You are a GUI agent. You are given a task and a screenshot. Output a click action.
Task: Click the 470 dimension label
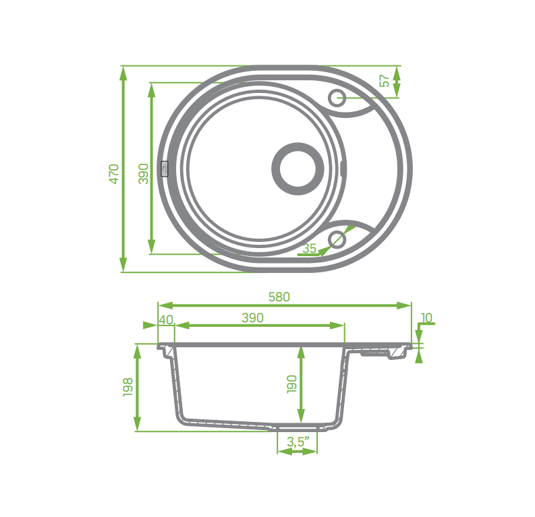coord(114,173)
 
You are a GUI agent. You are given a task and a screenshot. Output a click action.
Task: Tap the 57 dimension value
coord(384,81)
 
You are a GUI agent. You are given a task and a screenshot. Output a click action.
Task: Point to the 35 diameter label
coord(309,248)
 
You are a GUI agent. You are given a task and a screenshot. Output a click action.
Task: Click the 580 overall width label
coord(279,297)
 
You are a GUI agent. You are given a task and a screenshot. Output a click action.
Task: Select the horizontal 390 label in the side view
coord(252,318)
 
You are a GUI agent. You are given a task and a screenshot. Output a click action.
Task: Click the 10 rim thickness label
coord(426,317)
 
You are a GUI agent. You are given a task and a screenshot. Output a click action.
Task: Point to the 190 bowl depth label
coord(291,384)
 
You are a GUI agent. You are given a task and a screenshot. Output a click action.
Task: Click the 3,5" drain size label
coord(298,442)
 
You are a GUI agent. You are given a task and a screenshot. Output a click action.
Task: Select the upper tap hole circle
coord(337,98)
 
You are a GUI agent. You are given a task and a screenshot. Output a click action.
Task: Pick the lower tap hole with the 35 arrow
coord(336,238)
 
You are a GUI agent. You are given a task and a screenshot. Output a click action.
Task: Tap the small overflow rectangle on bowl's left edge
coord(164,169)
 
